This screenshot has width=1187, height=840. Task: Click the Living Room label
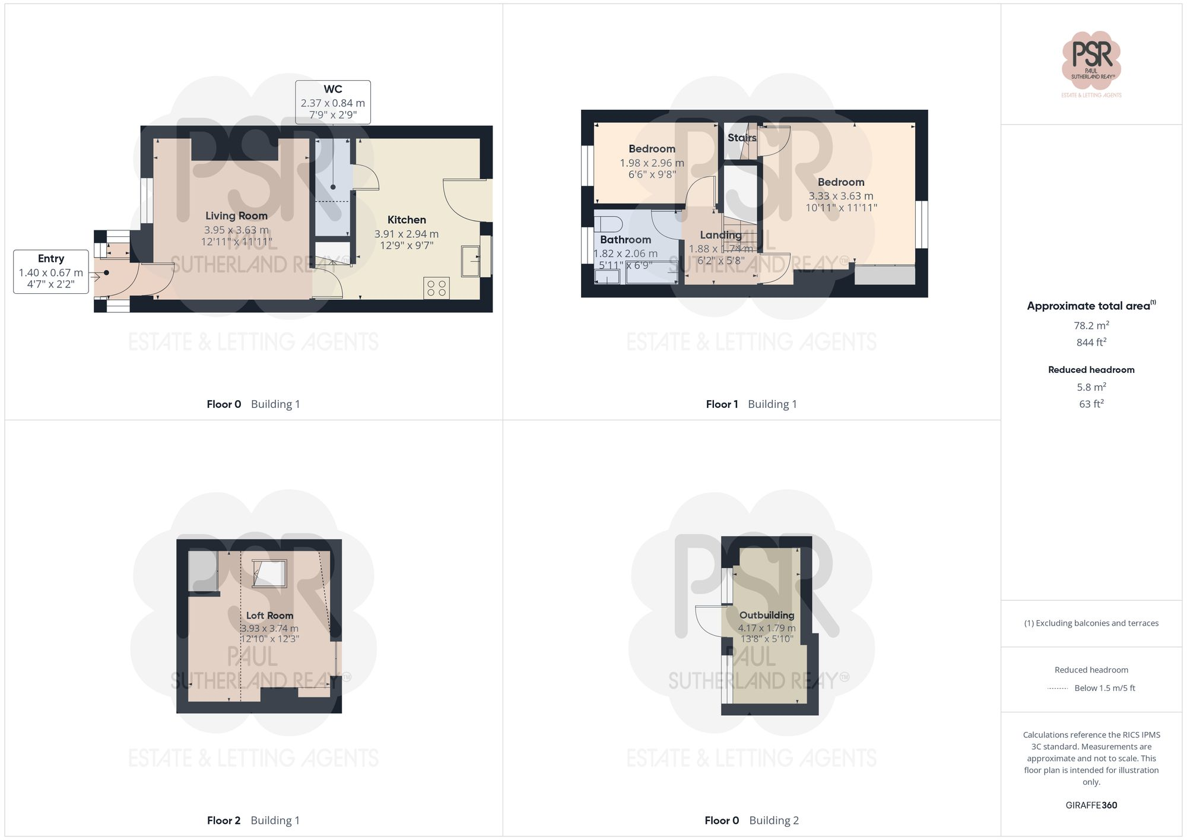[236, 216]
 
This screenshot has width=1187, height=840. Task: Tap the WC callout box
[333, 102]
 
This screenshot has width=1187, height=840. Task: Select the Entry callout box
[51, 272]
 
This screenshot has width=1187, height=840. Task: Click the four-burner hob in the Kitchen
[436, 289]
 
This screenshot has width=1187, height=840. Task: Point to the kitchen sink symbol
[471, 261]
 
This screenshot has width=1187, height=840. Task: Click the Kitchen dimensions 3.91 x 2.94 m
[407, 234]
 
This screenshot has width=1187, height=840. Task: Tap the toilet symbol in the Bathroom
[608, 224]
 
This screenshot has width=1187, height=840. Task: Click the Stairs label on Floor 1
[742, 138]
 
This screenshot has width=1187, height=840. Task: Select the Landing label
[721, 235]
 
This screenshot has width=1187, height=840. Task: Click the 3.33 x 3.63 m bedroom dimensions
[841, 196]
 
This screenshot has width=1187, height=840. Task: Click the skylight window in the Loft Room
[269, 573]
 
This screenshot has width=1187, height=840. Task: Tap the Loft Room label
[269, 616]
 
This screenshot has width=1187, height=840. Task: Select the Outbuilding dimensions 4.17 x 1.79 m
[767, 628]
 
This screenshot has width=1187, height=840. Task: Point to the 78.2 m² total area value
[1091, 325]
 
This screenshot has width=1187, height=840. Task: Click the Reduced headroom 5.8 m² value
[1091, 387]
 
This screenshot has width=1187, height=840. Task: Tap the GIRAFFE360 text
[1091, 805]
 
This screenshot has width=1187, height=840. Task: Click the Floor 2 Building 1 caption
[253, 820]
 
